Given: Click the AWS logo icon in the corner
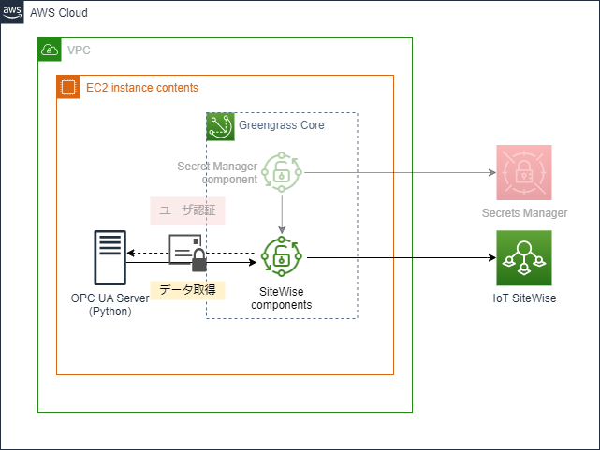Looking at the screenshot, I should click(12, 12).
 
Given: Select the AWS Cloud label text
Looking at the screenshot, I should click(59, 13).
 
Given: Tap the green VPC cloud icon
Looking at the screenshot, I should click(49, 50).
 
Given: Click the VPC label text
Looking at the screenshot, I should click(79, 50).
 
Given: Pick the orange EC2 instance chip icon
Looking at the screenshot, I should click(67, 87).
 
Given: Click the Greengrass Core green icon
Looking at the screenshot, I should click(219, 124).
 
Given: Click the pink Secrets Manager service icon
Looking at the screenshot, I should click(524, 172).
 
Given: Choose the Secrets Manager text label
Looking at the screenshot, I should click(524, 213).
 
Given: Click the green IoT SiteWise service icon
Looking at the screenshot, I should click(524, 257).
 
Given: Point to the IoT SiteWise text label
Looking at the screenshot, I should click(524, 298).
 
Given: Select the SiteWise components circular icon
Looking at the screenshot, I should click(280, 256).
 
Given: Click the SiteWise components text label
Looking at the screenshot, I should click(281, 298).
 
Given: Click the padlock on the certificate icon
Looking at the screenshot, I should click(198, 262).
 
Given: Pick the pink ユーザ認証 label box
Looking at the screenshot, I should click(187, 210).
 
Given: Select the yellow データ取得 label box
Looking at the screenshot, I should click(188, 290).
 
